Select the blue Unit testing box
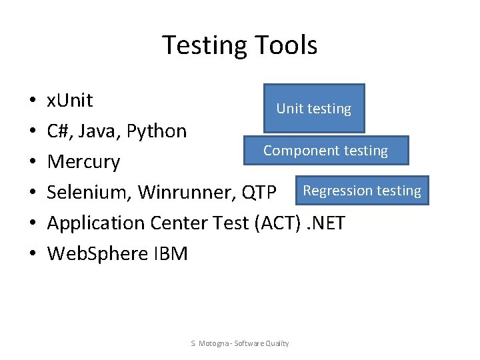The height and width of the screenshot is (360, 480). [314, 108]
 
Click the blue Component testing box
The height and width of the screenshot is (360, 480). [325, 151]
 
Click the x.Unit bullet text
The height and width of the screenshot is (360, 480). [70, 101]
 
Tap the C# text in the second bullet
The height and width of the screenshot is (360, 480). [59, 131]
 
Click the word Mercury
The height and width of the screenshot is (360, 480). [83, 162]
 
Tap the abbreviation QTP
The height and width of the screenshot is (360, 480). [259, 193]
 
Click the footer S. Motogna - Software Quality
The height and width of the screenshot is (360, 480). [240, 343]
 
